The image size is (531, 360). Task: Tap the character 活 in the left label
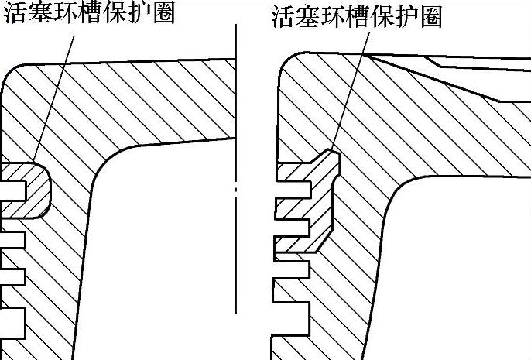click(13, 14)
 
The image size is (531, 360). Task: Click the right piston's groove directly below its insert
click(293, 269)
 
